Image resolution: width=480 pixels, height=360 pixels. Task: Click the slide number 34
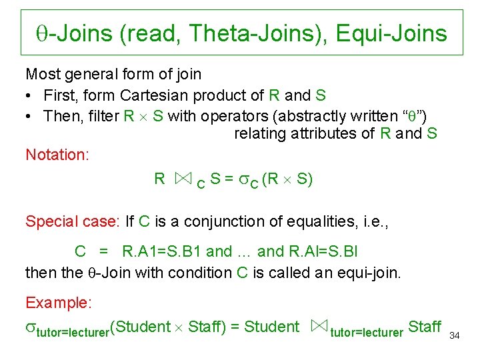455,335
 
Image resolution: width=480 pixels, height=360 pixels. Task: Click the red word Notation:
57,155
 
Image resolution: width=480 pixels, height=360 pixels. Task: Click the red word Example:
58,303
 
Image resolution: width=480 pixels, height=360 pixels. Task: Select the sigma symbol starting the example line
31,327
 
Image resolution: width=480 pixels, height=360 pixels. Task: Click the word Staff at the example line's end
424,326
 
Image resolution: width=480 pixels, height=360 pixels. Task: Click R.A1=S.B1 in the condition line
162,251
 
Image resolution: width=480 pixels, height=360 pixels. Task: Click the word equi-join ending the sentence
371,272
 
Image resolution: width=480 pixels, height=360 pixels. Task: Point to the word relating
259,133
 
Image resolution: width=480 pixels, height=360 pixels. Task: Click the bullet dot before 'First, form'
31,95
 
